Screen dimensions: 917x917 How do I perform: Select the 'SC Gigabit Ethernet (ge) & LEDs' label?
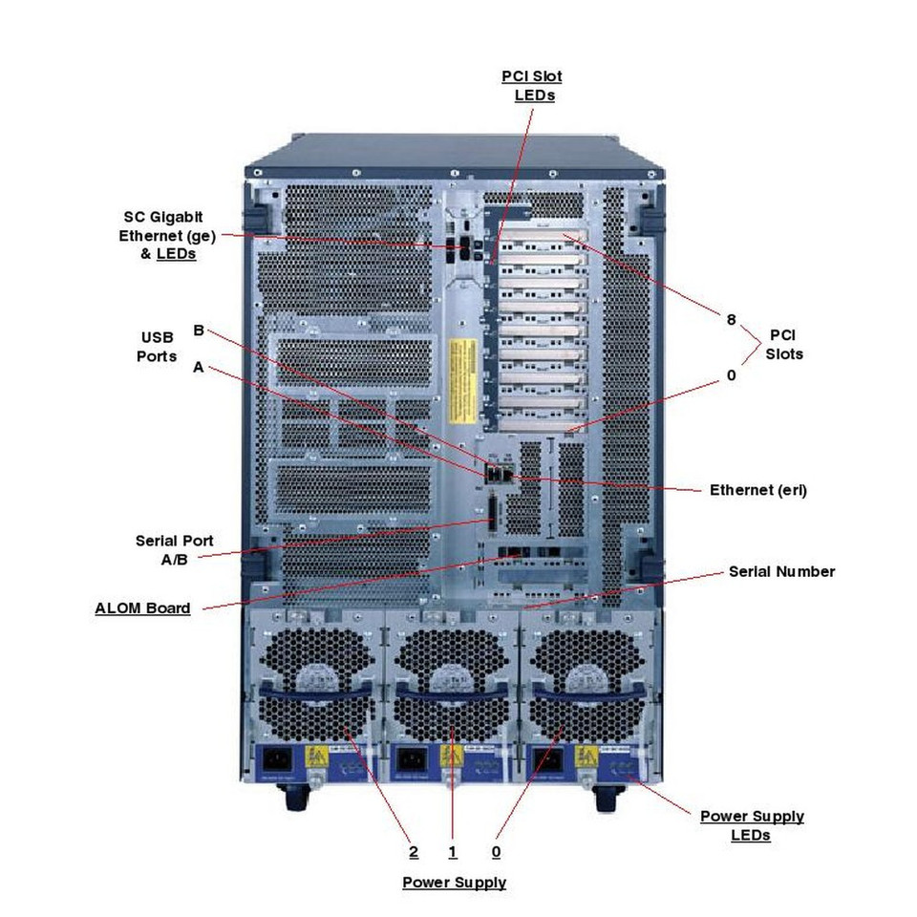[x=161, y=235]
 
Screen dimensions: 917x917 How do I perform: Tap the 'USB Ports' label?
[x=159, y=347]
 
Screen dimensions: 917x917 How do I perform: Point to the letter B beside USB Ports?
[x=199, y=331]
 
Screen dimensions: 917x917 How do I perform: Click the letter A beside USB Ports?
[x=198, y=367]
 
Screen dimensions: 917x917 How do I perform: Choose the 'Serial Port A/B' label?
[x=174, y=549]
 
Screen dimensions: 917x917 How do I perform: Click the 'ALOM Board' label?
[x=142, y=608]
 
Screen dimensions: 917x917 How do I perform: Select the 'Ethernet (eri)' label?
[x=758, y=490]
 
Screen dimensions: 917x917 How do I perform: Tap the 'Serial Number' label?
[x=781, y=571]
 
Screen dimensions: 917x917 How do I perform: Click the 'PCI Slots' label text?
[x=784, y=345]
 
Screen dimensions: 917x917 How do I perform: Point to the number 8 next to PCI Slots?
[x=731, y=320]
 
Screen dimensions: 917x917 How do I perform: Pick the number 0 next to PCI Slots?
[x=731, y=375]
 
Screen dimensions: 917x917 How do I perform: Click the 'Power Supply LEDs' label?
[x=752, y=825]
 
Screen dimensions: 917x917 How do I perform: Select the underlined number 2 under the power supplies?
[x=413, y=851]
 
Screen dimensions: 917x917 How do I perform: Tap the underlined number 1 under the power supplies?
[x=453, y=851]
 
